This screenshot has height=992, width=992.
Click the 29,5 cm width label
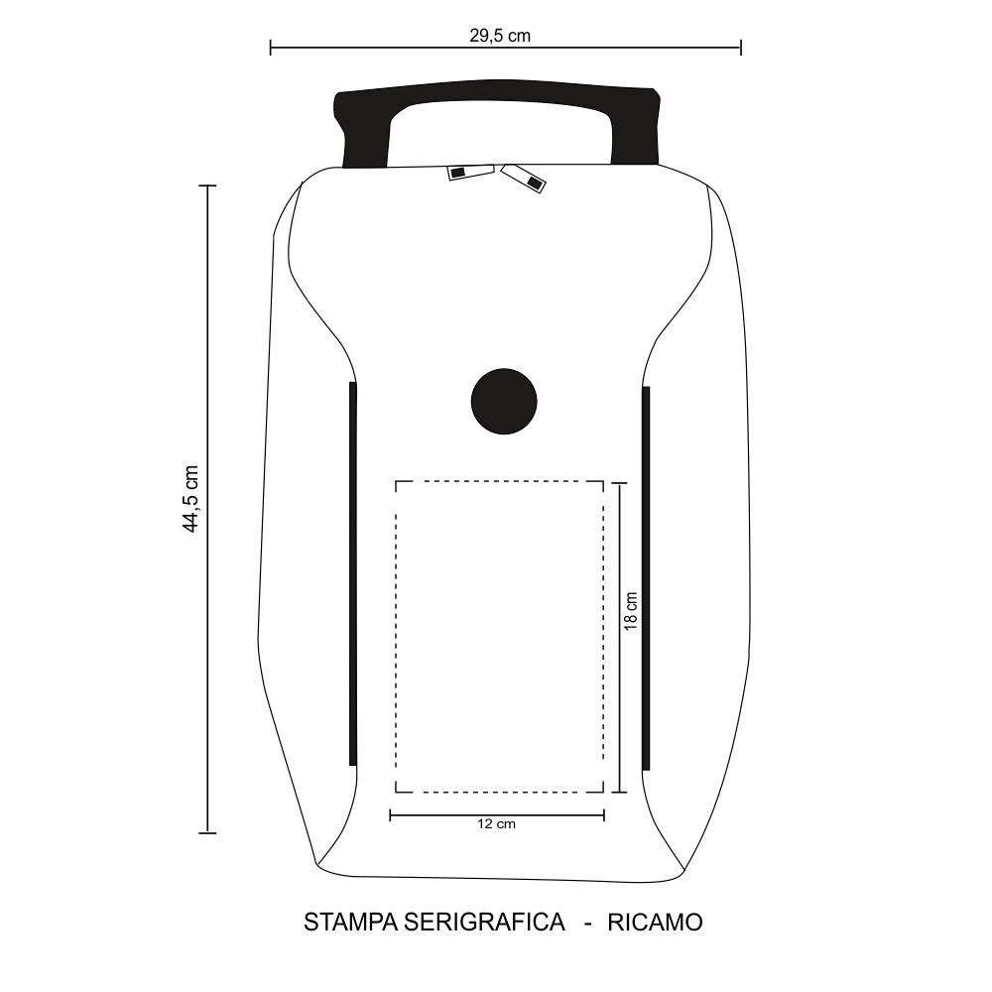[500, 36]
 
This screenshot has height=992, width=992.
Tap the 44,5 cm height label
[190, 499]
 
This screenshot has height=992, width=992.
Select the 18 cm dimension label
[631, 610]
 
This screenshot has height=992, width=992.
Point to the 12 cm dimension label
[496, 823]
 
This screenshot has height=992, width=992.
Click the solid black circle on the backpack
[504, 401]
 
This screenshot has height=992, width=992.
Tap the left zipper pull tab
[470, 172]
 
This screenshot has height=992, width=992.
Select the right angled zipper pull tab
[524, 178]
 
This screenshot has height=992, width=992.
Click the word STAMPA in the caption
[350, 923]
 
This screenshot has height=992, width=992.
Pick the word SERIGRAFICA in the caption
[484, 923]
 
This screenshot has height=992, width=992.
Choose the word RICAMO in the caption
[655, 923]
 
